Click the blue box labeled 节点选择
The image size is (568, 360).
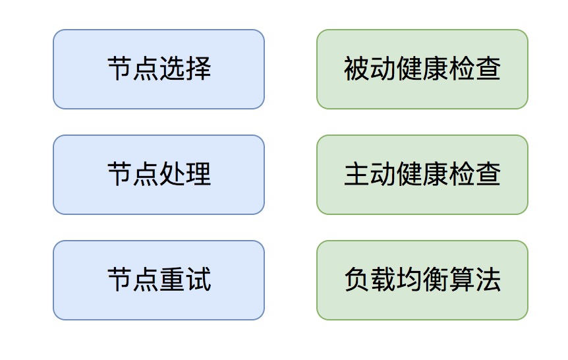159,69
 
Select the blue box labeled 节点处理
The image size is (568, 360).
159,175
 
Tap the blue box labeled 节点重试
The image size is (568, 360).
159,280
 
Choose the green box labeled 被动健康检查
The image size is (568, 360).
422,69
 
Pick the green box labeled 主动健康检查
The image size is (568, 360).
422,175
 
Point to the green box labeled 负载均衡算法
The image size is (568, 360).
422,280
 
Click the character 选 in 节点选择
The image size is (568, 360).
172,68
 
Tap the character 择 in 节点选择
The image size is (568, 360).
198,68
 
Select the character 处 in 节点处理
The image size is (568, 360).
172,174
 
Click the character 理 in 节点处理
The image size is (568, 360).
198,174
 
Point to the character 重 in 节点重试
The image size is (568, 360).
172,280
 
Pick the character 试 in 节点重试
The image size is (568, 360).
198,280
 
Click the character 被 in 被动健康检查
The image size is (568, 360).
356,68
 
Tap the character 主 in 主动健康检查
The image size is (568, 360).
356,174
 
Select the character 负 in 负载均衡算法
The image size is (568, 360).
356,280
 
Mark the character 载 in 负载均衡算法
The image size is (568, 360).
383,280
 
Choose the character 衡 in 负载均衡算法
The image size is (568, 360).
436,280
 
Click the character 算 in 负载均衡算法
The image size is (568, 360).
462,280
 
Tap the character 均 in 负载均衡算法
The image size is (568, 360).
409,280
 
